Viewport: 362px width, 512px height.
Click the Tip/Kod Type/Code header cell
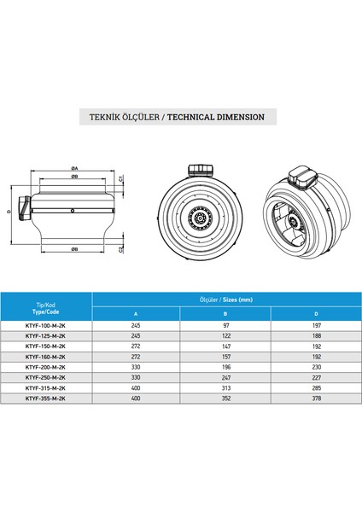(x=45, y=305)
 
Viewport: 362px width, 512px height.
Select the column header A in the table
(x=135, y=314)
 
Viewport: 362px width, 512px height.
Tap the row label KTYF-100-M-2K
(x=45, y=325)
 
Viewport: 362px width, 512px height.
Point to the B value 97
(x=224, y=325)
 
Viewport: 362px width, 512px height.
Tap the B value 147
(x=224, y=346)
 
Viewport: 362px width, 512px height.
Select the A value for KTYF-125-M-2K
(x=135, y=335)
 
